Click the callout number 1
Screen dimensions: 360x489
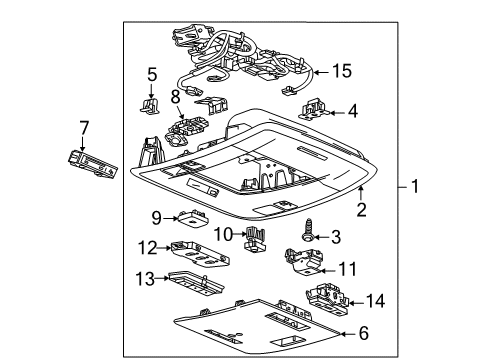(x=416, y=186)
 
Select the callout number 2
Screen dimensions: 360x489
(x=362, y=208)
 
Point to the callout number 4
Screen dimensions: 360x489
(x=352, y=113)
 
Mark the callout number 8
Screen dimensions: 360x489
(x=175, y=98)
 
